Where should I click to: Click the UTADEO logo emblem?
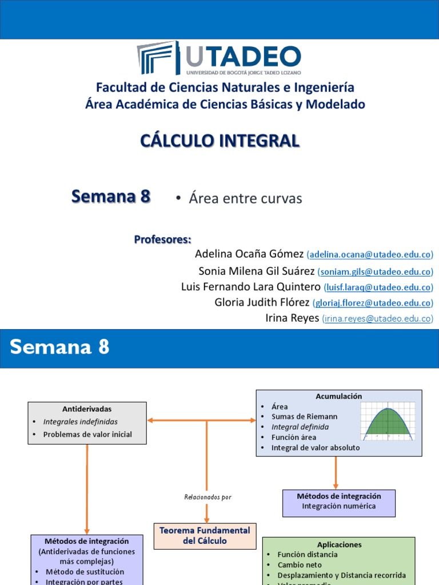pos(157,58)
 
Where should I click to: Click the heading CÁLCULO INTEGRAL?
pos(220,141)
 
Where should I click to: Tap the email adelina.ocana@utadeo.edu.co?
pos(370,254)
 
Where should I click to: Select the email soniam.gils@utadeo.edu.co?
pos(375,271)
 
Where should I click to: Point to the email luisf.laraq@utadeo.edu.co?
pos(378,287)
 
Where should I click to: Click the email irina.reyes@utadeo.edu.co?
pos(377,319)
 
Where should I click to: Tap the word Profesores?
pos(162,239)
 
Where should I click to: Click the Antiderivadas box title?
pos(87,409)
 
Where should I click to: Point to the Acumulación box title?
pos(338,396)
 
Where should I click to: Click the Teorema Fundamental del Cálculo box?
pos(205,535)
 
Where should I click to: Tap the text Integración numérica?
pos(339,506)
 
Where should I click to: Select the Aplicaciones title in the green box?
pos(339,544)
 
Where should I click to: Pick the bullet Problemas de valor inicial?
pos(87,434)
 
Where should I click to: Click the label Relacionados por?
pos(207,497)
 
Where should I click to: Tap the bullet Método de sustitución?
pos(85,571)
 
